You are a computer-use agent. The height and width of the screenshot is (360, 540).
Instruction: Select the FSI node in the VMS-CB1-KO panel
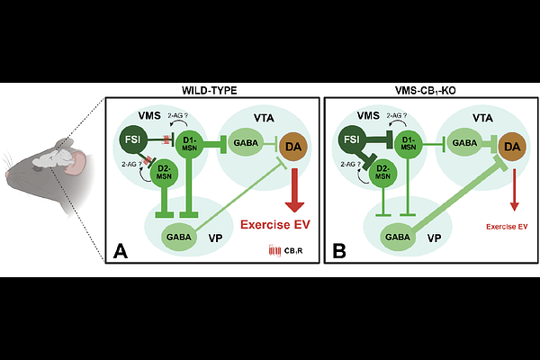tap(352, 139)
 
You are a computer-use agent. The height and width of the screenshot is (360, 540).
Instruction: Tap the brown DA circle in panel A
tap(293, 144)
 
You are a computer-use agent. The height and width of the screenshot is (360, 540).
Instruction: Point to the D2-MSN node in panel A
tap(164, 174)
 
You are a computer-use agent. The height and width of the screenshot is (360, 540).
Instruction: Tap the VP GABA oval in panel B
tap(393, 237)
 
